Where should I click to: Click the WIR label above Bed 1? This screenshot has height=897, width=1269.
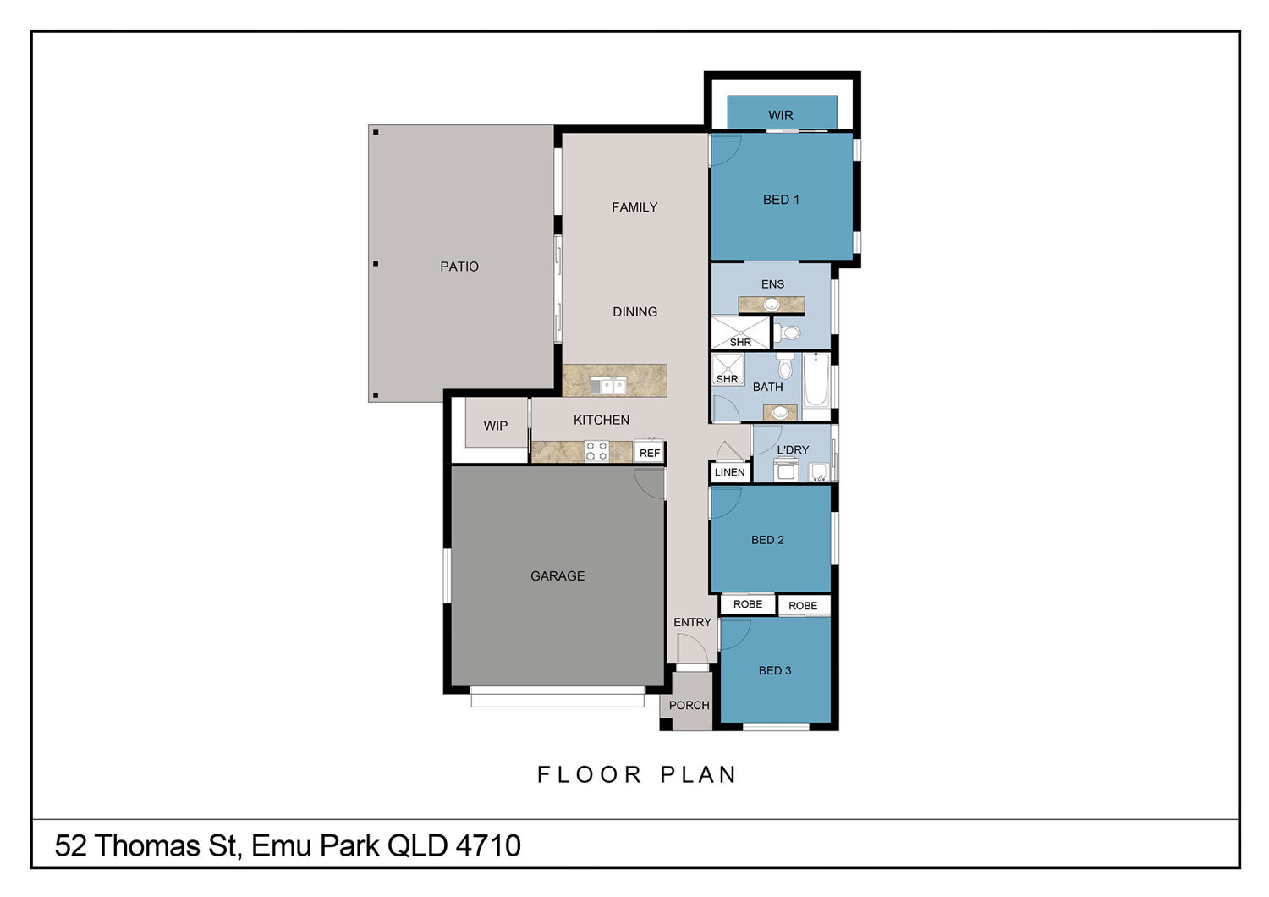tap(780, 116)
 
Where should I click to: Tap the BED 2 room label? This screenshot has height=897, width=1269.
tap(767, 540)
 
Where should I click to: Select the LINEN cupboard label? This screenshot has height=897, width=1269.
tap(729, 472)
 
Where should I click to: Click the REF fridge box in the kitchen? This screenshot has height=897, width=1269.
tap(649, 452)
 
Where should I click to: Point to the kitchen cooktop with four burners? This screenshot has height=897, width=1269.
tap(596, 452)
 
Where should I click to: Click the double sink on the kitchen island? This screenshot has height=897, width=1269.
tap(608, 386)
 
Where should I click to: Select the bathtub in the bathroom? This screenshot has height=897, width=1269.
tap(816, 379)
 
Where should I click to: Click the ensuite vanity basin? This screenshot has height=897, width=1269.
tap(771, 305)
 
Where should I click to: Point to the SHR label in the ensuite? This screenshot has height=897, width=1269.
tap(740, 342)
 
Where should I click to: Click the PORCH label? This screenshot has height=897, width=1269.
tap(689, 706)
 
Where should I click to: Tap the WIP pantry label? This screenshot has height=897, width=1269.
tap(496, 426)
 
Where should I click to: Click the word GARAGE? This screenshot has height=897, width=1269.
tap(558, 576)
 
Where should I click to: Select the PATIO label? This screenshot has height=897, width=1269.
tap(459, 267)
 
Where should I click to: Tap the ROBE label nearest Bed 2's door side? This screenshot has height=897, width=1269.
tap(748, 604)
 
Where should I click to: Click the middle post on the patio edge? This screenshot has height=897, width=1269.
tap(376, 264)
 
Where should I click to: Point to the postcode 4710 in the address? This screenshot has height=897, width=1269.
tap(488, 846)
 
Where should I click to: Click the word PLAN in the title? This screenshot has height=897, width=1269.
tap(699, 774)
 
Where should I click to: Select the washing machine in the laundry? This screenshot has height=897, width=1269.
tap(786, 470)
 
